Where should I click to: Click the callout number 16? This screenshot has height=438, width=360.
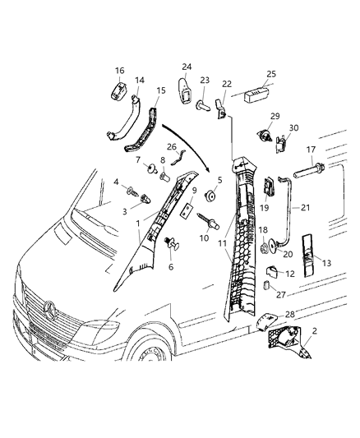coord(119,71)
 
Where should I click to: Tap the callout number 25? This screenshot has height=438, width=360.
coord(271,75)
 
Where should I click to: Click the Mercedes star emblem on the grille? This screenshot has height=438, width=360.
coord(52,310)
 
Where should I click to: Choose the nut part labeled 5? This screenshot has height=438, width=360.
coord(211,197)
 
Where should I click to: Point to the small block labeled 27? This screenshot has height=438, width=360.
coord(267,285)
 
